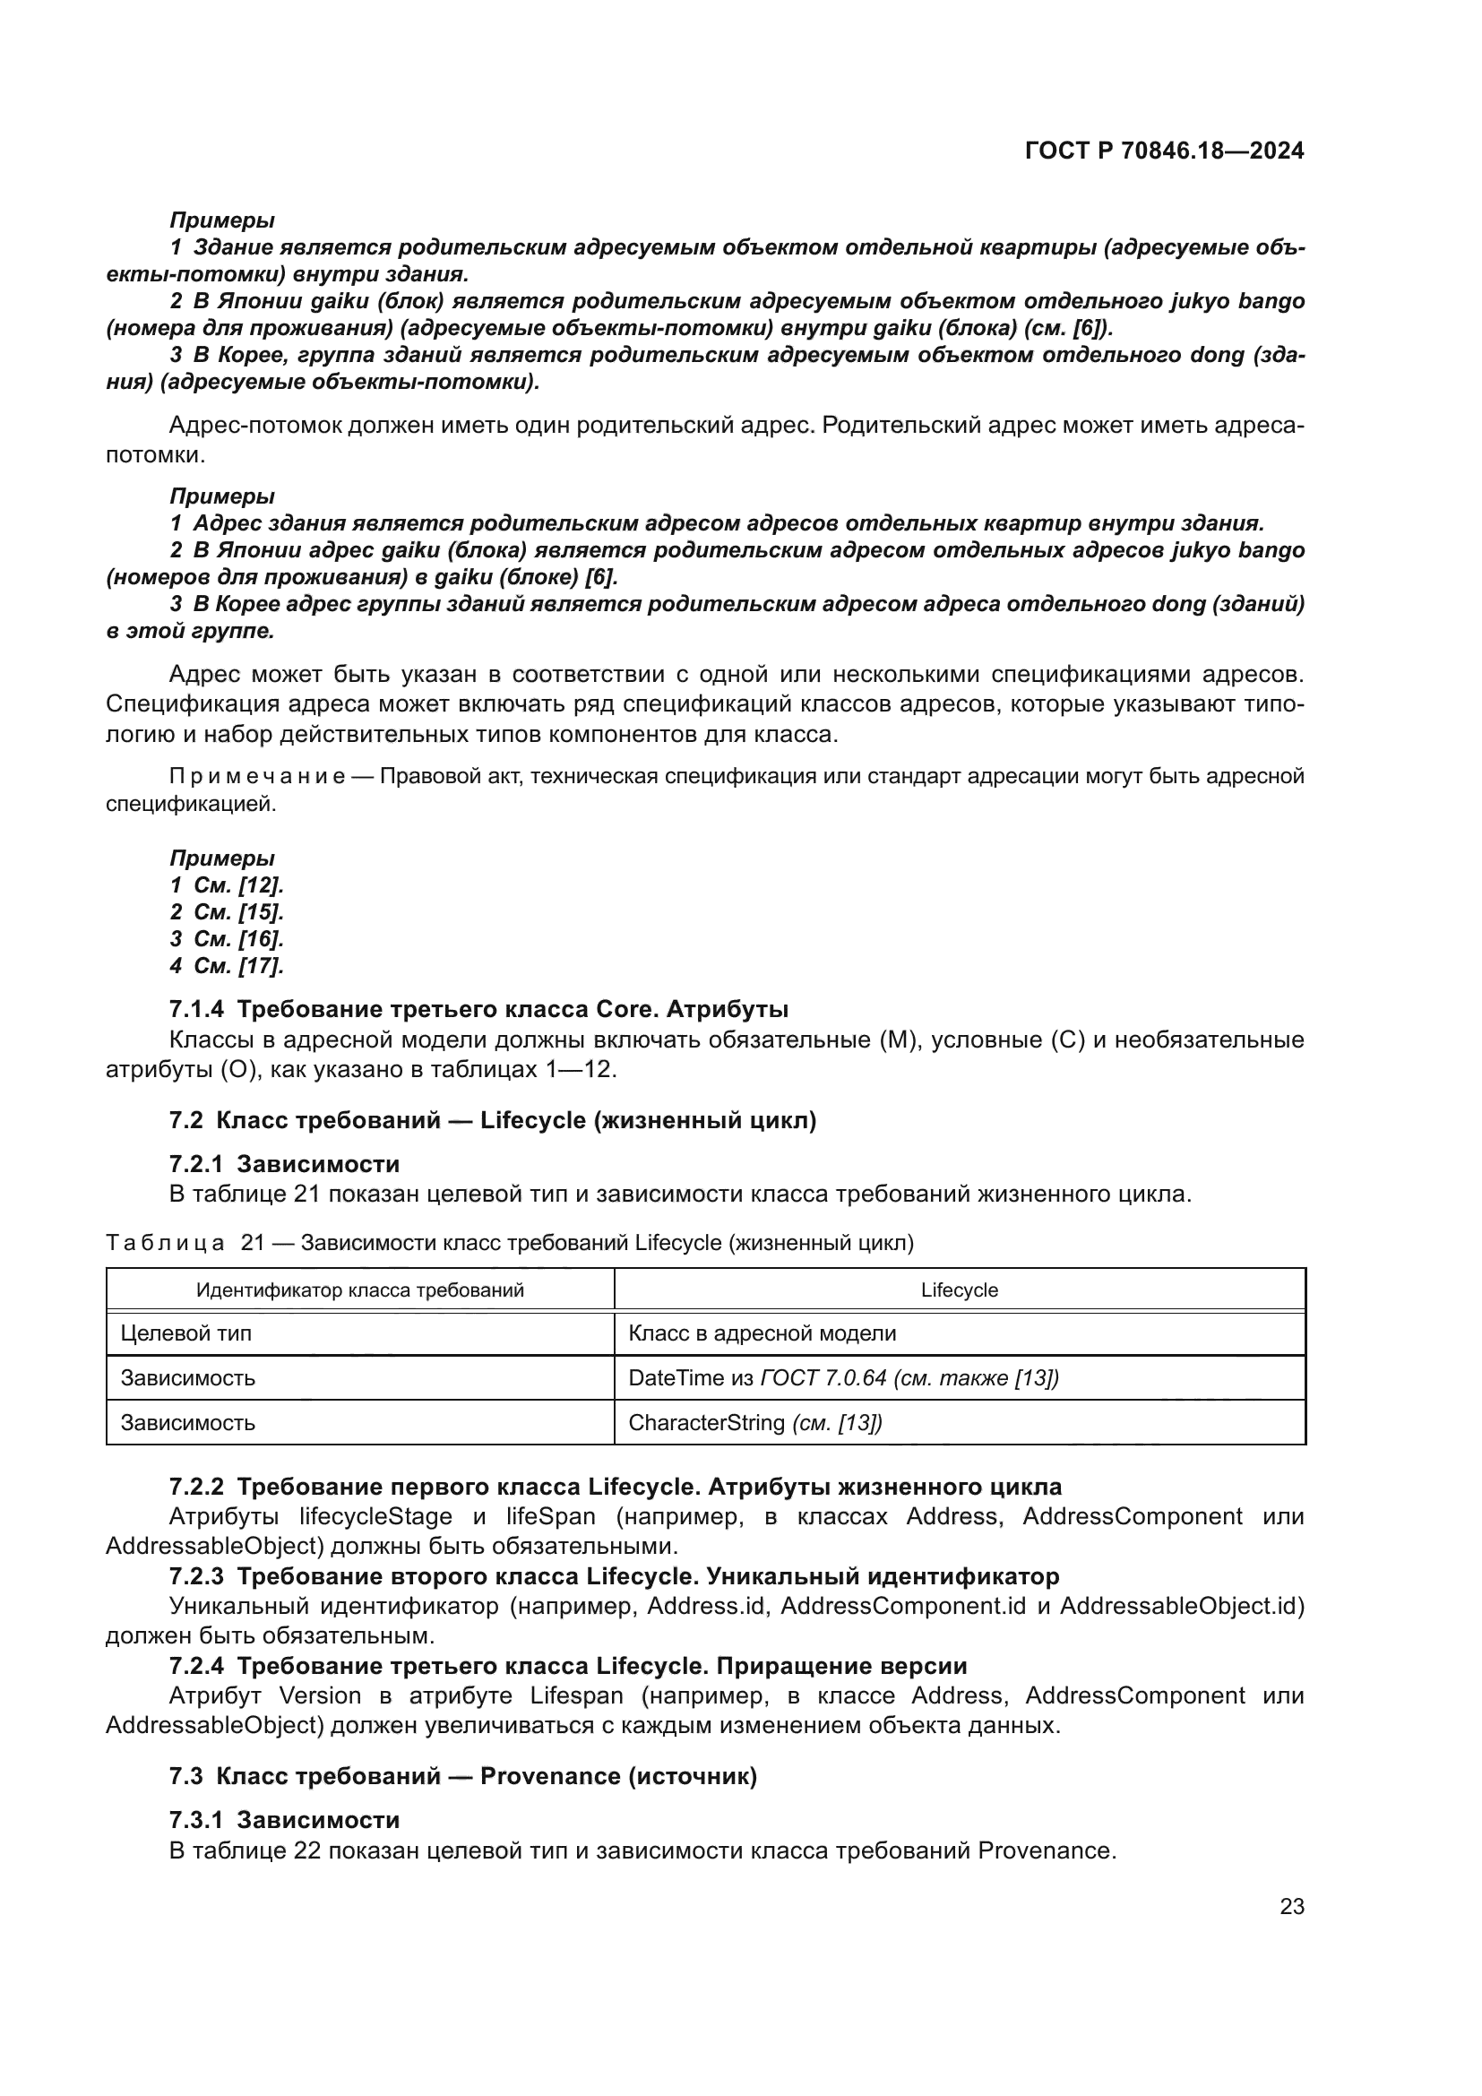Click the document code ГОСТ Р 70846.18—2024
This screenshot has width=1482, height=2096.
(x=1165, y=151)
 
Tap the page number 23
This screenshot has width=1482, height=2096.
(x=1291, y=1907)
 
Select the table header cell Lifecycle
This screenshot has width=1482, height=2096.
(x=959, y=1290)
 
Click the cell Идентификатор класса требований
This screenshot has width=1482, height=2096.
(x=359, y=1290)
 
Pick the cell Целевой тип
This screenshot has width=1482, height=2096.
(x=186, y=1333)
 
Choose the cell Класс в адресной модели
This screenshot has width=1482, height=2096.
(x=762, y=1333)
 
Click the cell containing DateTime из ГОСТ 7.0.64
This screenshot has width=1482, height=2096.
(x=843, y=1378)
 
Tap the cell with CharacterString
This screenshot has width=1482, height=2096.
(x=755, y=1423)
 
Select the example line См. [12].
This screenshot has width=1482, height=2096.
(x=238, y=884)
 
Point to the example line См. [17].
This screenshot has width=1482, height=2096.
(x=238, y=965)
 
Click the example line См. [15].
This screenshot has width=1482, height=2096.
(x=238, y=912)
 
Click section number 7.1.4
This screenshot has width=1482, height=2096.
(x=195, y=1010)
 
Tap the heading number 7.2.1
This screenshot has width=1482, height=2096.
(x=195, y=1164)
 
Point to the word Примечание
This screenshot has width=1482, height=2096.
(x=256, y=777)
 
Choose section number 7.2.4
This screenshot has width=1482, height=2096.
(x=195, y=1666)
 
